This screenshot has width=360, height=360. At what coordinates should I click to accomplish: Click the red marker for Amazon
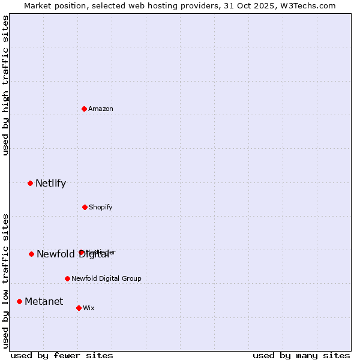(84, 109)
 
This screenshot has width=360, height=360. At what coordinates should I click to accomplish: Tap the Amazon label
(101, 109)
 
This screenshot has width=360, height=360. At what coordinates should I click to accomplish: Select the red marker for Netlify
(30, 183)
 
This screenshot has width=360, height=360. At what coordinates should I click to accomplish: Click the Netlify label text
(50, 184)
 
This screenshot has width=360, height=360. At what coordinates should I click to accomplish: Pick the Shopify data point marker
(85, 207)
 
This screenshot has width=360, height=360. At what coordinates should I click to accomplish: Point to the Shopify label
(101, 208)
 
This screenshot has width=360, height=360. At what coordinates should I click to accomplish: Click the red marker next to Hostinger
(81, 253)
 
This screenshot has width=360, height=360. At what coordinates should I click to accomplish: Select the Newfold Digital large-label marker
(31, 254)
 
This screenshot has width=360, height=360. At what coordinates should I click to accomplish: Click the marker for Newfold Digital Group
(67, 278)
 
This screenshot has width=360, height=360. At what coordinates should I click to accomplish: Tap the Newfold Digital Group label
(106, 279)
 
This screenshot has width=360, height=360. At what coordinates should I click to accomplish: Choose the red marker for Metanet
(19, 301)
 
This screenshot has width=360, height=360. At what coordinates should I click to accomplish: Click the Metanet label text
(44, 302)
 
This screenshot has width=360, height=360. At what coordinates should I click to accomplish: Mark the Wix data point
(79, 308)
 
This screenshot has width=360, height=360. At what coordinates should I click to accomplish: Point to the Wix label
(89, 308)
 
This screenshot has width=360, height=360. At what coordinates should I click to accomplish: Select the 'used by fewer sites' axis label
(62, 356)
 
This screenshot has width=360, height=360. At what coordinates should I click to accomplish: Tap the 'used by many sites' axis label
(301, 356)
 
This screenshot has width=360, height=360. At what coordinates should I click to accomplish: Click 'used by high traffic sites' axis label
(5, 85)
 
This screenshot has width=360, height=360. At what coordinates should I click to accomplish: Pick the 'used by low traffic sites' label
(5, 281)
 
